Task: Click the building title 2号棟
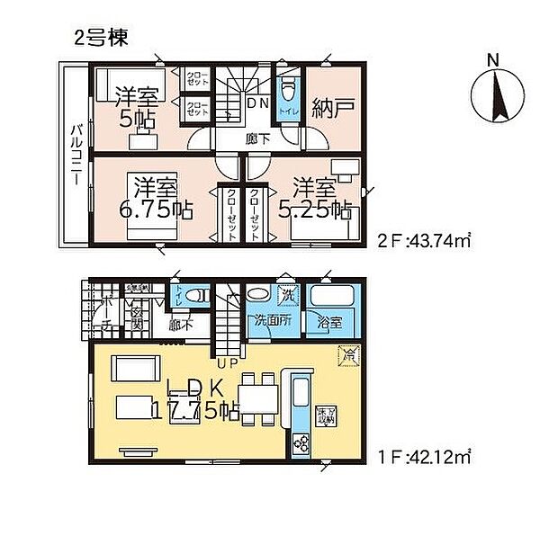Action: (100, 37)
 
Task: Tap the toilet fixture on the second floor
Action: (288, 92)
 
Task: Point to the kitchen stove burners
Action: (299, 442)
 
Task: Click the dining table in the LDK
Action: (257, 396)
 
